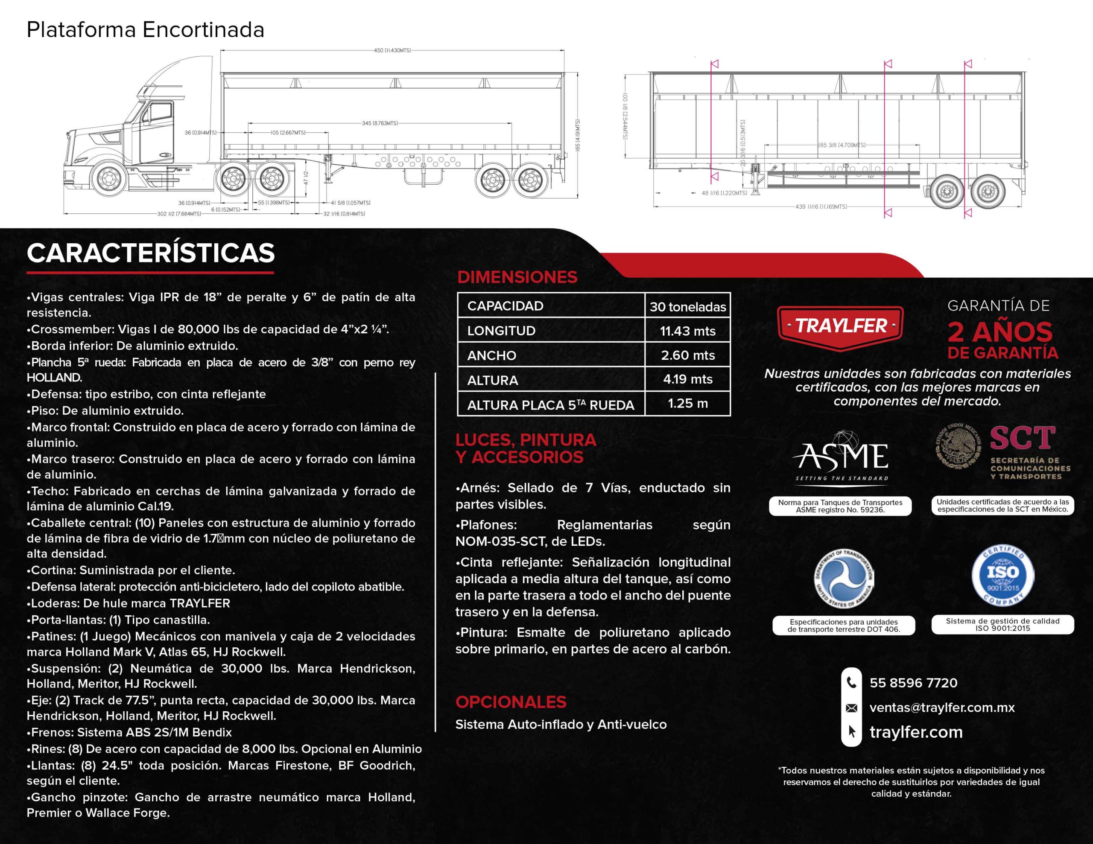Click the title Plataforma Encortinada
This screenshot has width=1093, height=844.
click(145, 30)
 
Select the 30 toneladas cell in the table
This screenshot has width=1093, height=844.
click(688, 307)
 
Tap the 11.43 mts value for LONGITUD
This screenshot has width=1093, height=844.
click(688, 331)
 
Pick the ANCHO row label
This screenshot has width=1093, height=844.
click(491, 355)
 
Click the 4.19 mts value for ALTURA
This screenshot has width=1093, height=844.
click(688, 379)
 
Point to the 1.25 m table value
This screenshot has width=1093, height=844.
click(688, 403)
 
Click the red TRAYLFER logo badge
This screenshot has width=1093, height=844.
click(841, 326)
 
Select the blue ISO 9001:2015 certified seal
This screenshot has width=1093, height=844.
click(1002, 575)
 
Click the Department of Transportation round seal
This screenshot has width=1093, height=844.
click(844, 578)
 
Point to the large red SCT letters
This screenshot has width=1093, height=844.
click(1023, 438)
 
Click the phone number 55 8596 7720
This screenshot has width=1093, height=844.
click(913, 683)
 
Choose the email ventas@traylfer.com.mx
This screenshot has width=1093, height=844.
click(942, 707)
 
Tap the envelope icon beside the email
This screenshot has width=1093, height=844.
click(851, 708)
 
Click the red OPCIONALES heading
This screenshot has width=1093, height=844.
click(511, 702)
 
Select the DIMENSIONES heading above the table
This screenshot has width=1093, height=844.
click(517, 277)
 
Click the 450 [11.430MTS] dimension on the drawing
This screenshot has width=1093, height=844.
click(392, 50)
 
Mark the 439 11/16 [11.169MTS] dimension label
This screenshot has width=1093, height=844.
click(821, 207)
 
